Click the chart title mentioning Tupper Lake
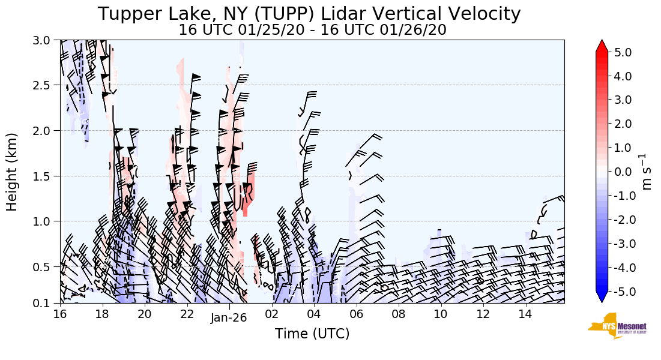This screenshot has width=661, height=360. click(x=309, y=14)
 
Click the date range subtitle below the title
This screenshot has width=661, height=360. click(x=312, y=30)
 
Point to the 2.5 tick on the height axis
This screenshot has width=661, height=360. click(x=44, y=85)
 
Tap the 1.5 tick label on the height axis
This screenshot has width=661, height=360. click(x=44, y=176)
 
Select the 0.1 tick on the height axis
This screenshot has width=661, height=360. click(x=44, y=303)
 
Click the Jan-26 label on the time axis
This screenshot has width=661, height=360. click(x=229, y=319)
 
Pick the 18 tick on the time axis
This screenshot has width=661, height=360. click(x=102, y=314)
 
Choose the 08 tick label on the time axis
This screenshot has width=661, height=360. click(x=399, y=314)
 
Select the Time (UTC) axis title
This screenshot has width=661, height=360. click(x=312, y=334)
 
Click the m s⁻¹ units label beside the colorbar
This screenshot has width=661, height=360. click(x=647, y=172)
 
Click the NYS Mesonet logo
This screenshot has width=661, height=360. click(x=612, y=325)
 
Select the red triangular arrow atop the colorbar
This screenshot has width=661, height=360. click(x=602, y=46)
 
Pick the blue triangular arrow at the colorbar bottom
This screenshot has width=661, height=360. click(x=602, y=297)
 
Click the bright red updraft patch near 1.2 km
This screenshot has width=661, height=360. click(x=249, y=192)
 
